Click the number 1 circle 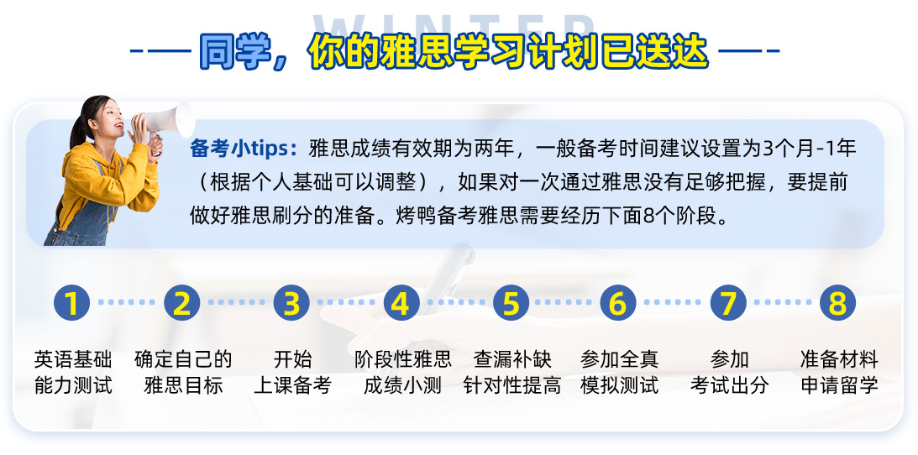tap(71, 303)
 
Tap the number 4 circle tap(401, 303)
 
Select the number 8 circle tap(838, 303)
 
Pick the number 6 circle tap(618, 303)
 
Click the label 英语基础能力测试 tap(72, 372)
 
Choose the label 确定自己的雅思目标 tap(183, 372)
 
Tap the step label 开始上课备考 tap(293, 372)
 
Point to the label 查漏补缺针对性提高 tap(511, 372)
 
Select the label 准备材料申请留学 tap(840, 372)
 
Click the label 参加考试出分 tap(729, 372)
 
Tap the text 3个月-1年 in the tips tap(810, 149)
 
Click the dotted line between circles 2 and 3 tap(237, 302)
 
